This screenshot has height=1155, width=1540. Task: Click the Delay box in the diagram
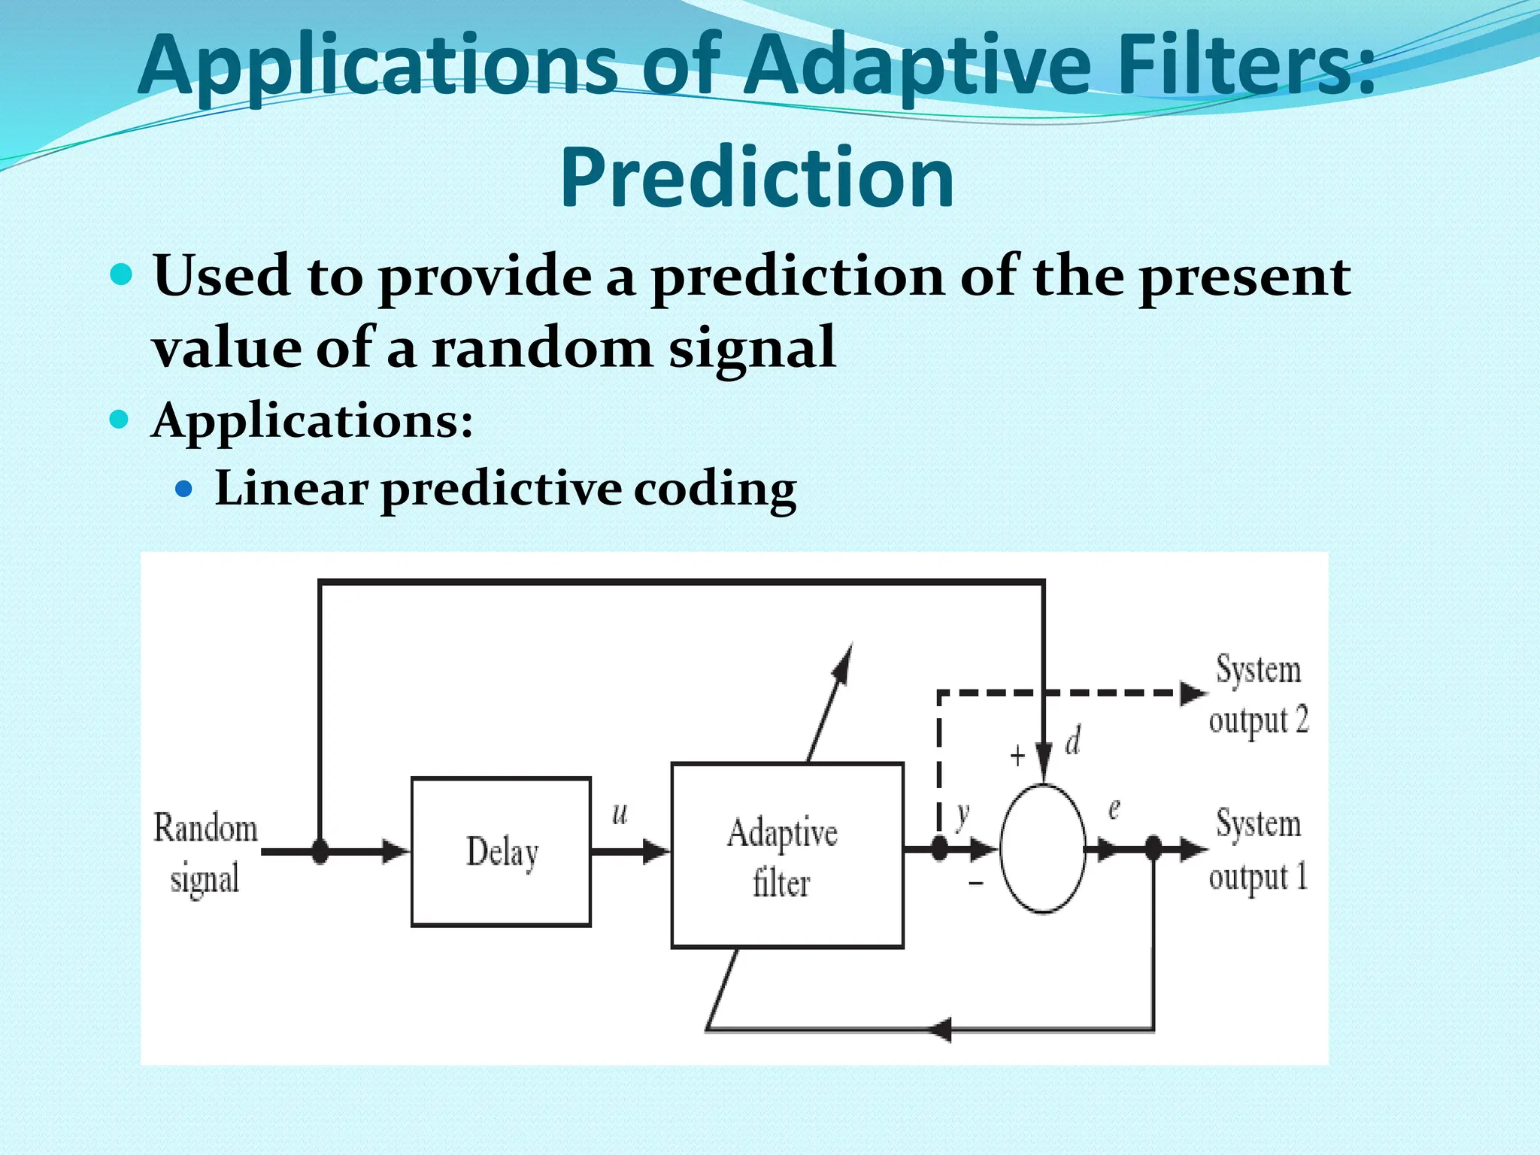[501, 851]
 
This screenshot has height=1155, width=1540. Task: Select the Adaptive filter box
[787, 855]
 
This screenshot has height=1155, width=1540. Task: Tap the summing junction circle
[1043, 848]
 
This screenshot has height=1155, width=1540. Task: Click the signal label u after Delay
[620, 813]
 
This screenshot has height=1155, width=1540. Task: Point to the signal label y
[962, 815]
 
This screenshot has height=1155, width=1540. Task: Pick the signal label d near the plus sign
[1073, 741]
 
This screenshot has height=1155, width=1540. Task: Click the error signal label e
[1114, 809]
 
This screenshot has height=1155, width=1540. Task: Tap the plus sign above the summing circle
[1017, 756]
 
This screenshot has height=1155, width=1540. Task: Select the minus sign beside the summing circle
[975, 882]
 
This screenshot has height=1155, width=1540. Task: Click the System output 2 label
[1258, 694]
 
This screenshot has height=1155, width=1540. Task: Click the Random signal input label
[205, 853]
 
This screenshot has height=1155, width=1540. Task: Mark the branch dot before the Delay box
[320, 851]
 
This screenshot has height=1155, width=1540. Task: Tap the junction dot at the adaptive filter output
[939, 849]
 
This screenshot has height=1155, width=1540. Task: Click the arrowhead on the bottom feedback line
[940, 1028]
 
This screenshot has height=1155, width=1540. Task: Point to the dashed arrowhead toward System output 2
[1193, 693]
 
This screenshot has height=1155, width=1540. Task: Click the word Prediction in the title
[757, 177]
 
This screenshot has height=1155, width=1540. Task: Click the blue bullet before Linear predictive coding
[183, 490]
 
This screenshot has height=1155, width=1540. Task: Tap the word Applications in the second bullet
[312, 420]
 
